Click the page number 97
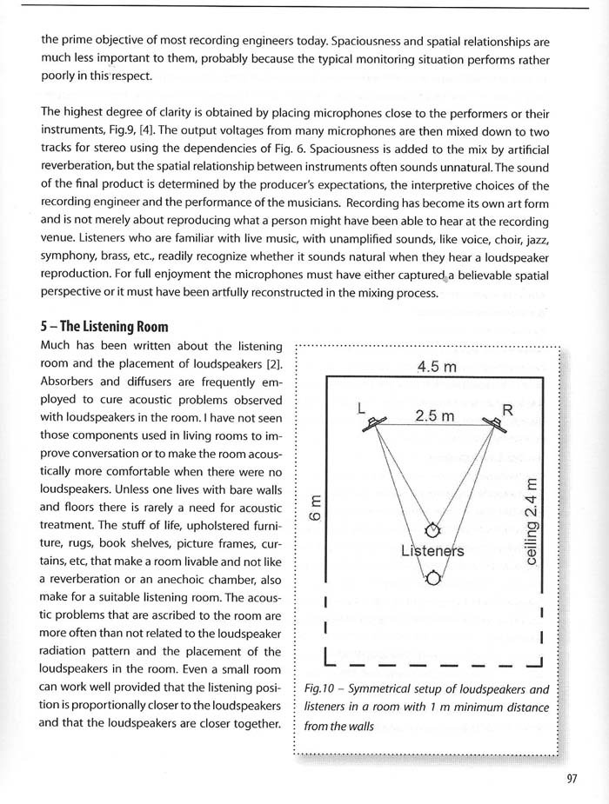click(x=571, y=779)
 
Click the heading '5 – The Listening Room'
click(x=104, y=327)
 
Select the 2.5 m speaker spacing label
click(x=434, y=415)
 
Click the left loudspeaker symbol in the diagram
click(x=377, y=423)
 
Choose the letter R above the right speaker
click(x=508, y=409)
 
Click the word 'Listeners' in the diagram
click(x=432, y=551)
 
